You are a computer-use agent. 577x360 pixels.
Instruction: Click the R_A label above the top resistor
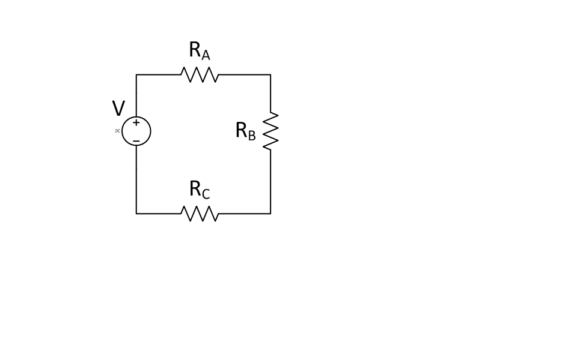(200, 51)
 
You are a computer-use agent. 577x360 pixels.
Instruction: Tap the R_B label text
(245, 131)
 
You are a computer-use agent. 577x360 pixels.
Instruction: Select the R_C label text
(200, 190)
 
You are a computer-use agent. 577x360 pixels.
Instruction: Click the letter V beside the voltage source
(118, 109)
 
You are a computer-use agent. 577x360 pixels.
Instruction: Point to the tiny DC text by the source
(117, 131)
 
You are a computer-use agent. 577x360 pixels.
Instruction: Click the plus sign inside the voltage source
(136, 122)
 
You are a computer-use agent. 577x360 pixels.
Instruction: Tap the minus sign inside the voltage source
(136, 141)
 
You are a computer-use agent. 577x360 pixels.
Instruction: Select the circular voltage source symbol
(136, 131)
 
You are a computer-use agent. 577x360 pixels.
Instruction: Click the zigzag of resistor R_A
(200, 75)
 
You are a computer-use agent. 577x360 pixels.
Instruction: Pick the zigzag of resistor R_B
(270, 131)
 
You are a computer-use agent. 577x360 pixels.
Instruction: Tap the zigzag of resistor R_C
(200, 214)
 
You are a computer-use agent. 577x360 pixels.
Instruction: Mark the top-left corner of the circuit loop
(136, 75)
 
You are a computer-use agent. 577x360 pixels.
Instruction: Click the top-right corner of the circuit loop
(270, 75)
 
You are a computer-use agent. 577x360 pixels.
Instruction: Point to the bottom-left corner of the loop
(136, 214)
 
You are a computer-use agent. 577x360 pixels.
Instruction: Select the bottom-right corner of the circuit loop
(270, 214)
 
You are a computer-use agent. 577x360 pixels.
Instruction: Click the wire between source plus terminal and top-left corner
(136, 96)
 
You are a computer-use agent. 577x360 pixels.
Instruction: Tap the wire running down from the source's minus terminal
(136, 180)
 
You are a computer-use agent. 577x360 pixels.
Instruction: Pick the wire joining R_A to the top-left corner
(159, 75)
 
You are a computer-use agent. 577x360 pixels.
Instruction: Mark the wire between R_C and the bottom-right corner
(244, 214)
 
